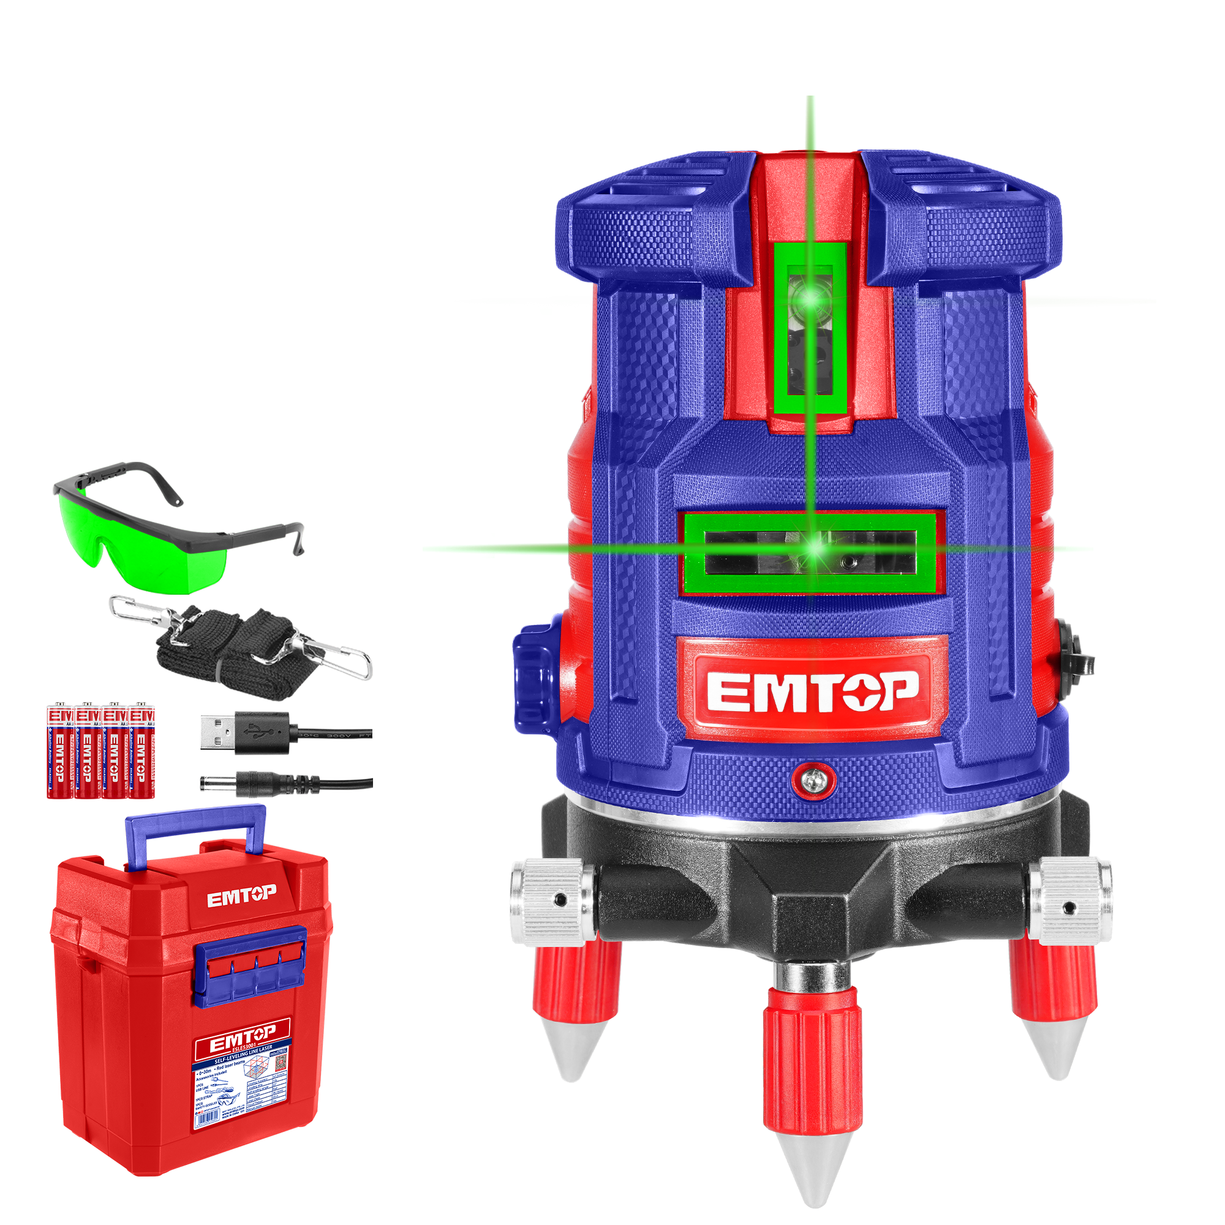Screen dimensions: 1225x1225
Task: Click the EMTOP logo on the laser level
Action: pos(812,692)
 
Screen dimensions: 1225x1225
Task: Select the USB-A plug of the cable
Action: pos(219,733)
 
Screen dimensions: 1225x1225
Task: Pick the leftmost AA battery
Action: pos(59,751)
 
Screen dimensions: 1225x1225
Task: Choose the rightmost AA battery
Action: pos(141,751)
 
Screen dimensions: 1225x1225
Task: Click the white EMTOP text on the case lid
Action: pos(241,895)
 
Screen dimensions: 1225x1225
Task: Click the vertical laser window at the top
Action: pos(810,328)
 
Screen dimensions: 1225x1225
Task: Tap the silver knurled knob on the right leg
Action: pos(1070,900)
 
